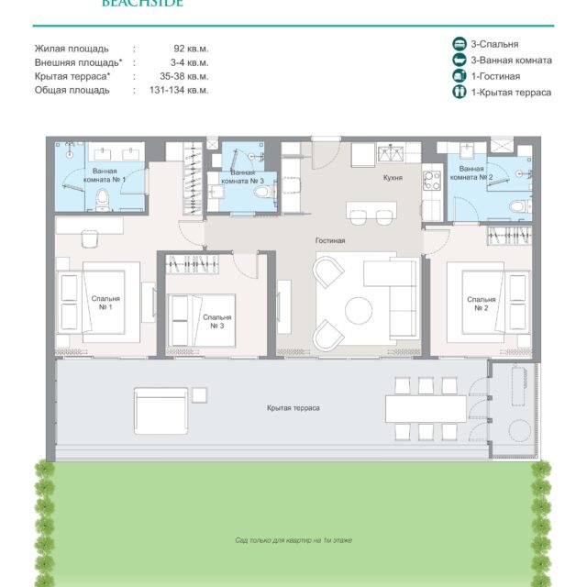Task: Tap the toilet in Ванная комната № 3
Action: (263, 192)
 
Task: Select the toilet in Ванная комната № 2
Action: (518, 205)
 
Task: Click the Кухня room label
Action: (393, 178)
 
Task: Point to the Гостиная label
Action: (330, 240)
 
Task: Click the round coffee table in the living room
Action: (359, 310)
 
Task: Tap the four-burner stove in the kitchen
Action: (432, 181)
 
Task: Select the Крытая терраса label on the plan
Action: (293, 407)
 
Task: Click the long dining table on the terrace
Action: (426, 409)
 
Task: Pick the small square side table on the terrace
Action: (199, 395)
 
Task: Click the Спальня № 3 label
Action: (216, 321)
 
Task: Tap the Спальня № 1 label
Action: (105, 303)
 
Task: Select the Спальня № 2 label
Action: (481, 304)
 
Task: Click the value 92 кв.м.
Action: (191, 49)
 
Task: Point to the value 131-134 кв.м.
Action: (179, 90)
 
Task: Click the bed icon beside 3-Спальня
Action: (459, 43)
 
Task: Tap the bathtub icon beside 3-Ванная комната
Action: (459, 60)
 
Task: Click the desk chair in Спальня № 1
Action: (90, 238)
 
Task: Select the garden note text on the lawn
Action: (293, 540)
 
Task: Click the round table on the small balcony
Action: (519, 430)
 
